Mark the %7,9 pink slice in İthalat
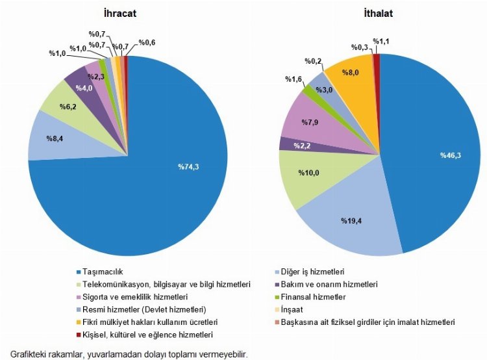308,120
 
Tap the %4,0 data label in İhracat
83,88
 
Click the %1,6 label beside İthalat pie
294,79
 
